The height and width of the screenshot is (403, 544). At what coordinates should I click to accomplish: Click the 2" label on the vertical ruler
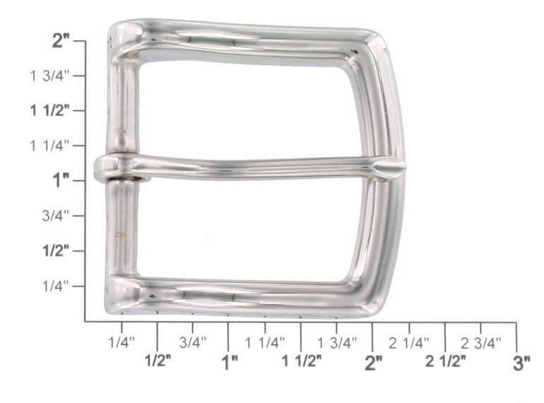tap(61, 41)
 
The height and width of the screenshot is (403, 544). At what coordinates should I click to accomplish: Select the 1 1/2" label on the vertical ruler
tap(50, 111)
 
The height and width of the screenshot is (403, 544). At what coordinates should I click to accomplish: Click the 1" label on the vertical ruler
tap(61, 180)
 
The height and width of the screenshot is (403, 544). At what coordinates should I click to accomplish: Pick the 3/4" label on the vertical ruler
tap(56, 216)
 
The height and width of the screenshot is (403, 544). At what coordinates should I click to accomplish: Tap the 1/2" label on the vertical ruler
tap(56, 250)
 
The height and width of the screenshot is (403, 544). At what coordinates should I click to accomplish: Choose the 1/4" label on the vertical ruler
tap(56, 286)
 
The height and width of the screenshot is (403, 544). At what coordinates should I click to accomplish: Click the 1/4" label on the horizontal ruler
tap(122, 343)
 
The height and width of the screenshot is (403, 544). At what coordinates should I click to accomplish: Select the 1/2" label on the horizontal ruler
tap(158, 361)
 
